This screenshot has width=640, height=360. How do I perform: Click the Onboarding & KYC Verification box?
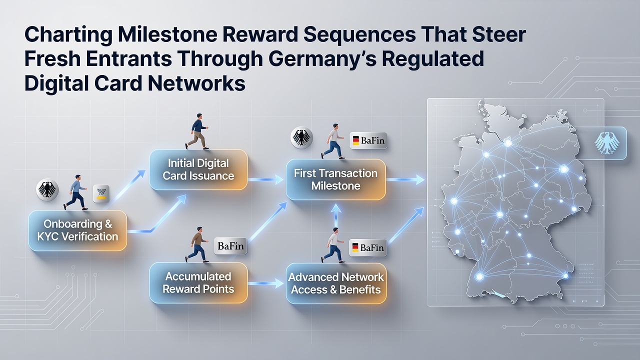(x=77, y=230)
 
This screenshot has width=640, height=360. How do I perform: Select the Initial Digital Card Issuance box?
(x=198, y=169)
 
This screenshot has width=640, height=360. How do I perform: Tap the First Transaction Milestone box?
(x=335, y=179)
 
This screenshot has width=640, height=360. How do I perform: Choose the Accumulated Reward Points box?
(x=198, y=283)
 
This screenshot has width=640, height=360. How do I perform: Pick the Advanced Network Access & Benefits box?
(x=336, y=283)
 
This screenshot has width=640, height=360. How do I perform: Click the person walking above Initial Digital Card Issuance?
(x=197, y=131)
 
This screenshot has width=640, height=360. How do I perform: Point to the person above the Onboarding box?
(x=75, y=192)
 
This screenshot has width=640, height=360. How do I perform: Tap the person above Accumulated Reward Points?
(x=197, y=244)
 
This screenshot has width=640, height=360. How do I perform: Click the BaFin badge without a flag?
(x=230, y=245)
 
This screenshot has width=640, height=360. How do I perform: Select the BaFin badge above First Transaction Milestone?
(x=368, y=140)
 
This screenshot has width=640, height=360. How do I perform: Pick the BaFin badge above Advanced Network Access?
(x=368, y=247)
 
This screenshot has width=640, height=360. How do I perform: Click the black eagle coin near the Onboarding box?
(x=47, y=189)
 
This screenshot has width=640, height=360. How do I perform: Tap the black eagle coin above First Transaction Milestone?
(x=301, y=137)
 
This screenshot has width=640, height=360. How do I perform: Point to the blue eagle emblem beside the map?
(x=607, y=143)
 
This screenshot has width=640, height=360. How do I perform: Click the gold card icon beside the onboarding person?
(x=101, y=193)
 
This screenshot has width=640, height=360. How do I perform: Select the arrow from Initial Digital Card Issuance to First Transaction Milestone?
(x=265, y=179)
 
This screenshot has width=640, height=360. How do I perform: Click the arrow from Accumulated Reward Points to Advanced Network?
(x=265, y=283)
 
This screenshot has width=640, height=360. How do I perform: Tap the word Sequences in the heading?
(x=359, y=34)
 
